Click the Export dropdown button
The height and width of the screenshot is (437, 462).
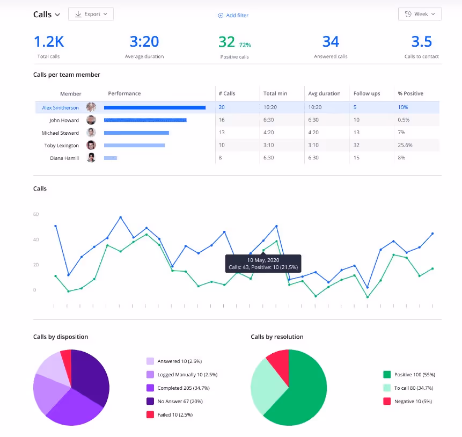(91, 14)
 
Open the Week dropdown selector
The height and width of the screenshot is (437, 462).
(420, 14)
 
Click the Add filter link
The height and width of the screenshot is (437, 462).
(233, 16)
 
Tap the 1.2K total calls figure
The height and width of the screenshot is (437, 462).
(49, 42)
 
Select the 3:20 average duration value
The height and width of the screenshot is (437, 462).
(144, 42)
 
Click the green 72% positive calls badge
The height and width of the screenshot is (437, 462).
(245, 45)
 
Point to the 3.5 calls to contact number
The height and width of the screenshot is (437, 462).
(421, 42)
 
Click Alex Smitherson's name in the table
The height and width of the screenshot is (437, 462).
(60, 108)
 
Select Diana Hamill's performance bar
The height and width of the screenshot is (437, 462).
(111, 158)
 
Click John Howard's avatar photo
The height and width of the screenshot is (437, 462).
(91, 120)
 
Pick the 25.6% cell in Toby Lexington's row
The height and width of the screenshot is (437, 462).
(405, 145)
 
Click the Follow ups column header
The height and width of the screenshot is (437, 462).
(366, 93)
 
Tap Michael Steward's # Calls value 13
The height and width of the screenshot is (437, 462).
(222, 133)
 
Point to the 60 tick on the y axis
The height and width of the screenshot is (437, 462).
(36, 214)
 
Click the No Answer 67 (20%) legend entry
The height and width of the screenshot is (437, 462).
(180, 401)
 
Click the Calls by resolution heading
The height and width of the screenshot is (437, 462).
(277, 337)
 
